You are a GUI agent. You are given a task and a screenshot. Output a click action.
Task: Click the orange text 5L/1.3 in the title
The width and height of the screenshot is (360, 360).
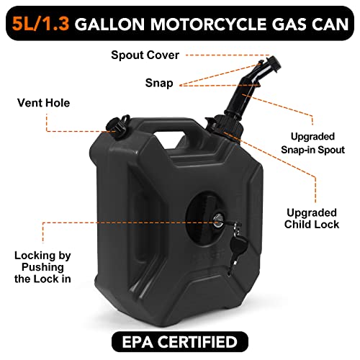coord(40,24)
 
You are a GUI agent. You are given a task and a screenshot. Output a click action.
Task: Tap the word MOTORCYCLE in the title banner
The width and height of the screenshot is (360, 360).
coord(208,24)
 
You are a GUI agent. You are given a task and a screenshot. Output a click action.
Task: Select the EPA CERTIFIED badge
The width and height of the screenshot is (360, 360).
coord(180,341)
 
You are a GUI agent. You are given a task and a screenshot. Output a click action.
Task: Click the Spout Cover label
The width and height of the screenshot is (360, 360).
coord(145,55)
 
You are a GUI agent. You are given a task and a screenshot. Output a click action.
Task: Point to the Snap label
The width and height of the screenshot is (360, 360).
coord(159,83)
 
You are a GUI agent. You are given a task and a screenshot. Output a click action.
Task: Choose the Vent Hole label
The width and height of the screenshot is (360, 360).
coord(44,103)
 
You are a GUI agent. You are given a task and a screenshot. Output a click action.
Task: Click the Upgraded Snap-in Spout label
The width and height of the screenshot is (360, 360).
coord(312,143)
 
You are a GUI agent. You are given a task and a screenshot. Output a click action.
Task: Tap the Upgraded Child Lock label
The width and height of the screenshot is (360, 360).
coord(312,219)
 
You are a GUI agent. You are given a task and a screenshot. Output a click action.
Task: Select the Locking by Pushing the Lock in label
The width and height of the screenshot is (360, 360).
coord(42,267)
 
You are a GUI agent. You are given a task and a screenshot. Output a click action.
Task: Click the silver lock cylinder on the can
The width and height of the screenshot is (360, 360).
coord(218,221)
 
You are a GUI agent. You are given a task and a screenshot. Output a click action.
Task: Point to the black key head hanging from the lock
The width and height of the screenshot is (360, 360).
coord(238,245)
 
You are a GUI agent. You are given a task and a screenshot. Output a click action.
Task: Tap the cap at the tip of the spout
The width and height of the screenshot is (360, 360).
coord(273,63)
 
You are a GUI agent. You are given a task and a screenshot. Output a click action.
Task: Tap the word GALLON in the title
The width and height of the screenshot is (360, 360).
coord(110,24)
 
